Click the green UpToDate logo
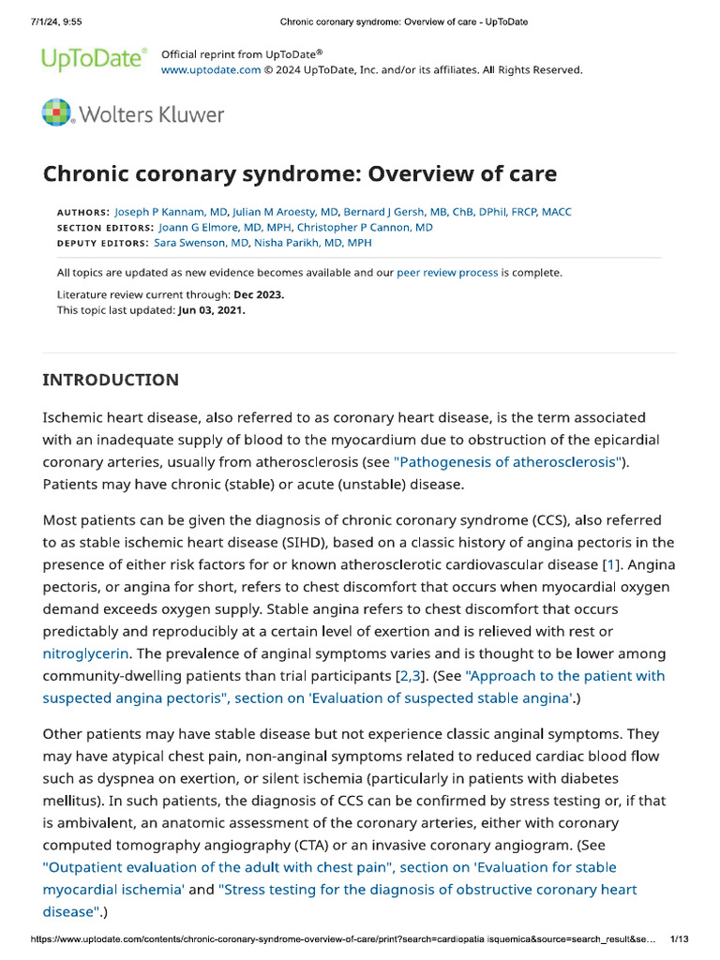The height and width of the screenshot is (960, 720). [x=94, y=60]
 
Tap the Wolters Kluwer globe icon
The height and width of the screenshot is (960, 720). [x=56, y=113]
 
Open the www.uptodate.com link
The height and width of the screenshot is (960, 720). [x=211, y=69]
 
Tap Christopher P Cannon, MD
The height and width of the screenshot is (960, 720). [x=365, y=227]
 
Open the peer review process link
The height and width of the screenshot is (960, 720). [x=447, y=273]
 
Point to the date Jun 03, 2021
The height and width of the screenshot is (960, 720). [x=211, y=310]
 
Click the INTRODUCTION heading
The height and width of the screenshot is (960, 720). [x=111, y=380]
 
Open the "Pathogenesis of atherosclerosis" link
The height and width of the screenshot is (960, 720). [x=508, y=461]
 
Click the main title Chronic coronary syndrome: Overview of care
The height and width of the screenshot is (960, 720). [x=300, y=173]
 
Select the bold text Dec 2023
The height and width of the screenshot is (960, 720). [x=259, y=294]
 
